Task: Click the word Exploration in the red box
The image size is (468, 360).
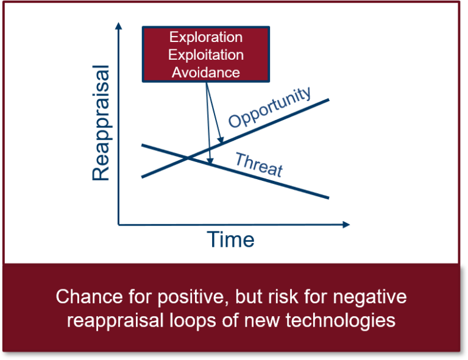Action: pyautogui.click(x=206, y=37)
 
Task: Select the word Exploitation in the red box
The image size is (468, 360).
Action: pyautogui.click(x=206, y=55)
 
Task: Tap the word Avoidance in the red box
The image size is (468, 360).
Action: pyautogui.click(x=206, y=72)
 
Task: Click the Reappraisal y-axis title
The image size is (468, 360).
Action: pyautogui.click(x=102, y=124)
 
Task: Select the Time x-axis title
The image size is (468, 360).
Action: pyautogui.click(x=230, y=240)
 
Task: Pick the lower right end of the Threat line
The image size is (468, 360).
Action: pyautogui.click(x=329, y=198)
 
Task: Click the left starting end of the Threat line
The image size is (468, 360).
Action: pyautogui.click(x=141, y=145)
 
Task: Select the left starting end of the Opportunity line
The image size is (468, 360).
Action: pyautogui.click(x=141, y=177)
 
